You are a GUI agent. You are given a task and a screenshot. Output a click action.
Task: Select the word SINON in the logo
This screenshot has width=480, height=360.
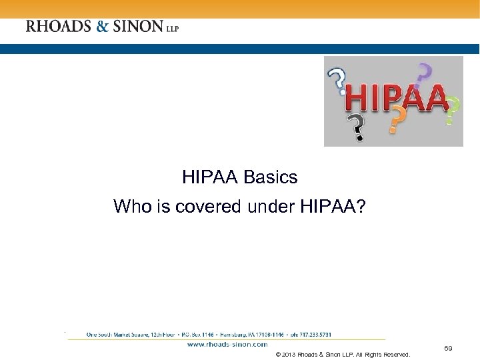coord(137,27)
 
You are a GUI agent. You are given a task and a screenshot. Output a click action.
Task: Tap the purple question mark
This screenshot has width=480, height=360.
coord(423,74)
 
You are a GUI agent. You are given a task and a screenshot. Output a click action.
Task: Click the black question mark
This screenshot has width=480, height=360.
coord(357,127)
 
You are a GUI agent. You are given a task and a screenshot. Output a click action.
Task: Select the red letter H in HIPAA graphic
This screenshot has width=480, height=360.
coord(357,100)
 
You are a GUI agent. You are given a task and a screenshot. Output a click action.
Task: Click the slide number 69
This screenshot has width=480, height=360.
coord(448,349)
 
